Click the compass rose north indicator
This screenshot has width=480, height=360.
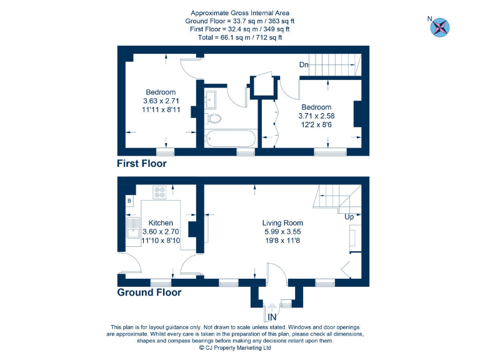pyautogui.click(x=440, y=26)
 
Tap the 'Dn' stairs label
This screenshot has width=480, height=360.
pyautogui.click(x=303, y=65)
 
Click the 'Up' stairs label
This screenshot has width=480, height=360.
pyautogui.click(x=349, y=217)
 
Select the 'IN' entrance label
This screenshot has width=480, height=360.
pyautogui.click(x=272, y=317)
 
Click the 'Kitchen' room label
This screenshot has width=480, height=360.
pyautogui.click(x=161, y=222)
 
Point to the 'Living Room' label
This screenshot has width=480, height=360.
pyautogui.click(x=282, y=222)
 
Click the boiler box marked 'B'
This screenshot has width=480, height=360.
pyautogui.click(x=129, y=201)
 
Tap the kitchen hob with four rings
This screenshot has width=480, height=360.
pyautogui.click(x=159, y=193)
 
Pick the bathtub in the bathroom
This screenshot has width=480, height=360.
pyautogui.click(x=229, y=138)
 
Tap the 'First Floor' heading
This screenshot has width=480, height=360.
pyautogui.click(x=142, y=164)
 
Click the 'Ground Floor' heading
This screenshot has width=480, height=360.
pyautogui.click(x=149, y=292)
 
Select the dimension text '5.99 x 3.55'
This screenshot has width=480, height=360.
pyautogui.click(x=282, y=231)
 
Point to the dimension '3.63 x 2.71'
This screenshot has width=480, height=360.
pyautogui.click(x=161, y=101)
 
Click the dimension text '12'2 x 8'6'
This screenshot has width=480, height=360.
pyautogui.click(x=316, y=124)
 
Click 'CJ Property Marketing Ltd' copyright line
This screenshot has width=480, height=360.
pyautogui.click(x=235, y=348)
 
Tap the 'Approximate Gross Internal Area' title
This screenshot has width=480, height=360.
pyautogui.click(x=240, y=12)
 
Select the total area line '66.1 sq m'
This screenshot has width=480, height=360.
pyautogui.click(x=240, y=37)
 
